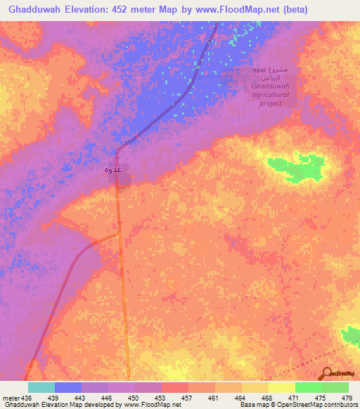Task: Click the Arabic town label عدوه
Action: tap(114, 169)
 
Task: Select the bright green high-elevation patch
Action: tap(296, 167)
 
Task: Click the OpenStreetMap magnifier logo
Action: tap(327, 372)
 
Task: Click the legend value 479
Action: tap(346, 397)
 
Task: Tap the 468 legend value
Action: tap(266, 397)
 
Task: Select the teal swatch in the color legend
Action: tap(41, 387)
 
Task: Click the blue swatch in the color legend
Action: tap(68, 387)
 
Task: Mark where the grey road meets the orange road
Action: tap(118, 235)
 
